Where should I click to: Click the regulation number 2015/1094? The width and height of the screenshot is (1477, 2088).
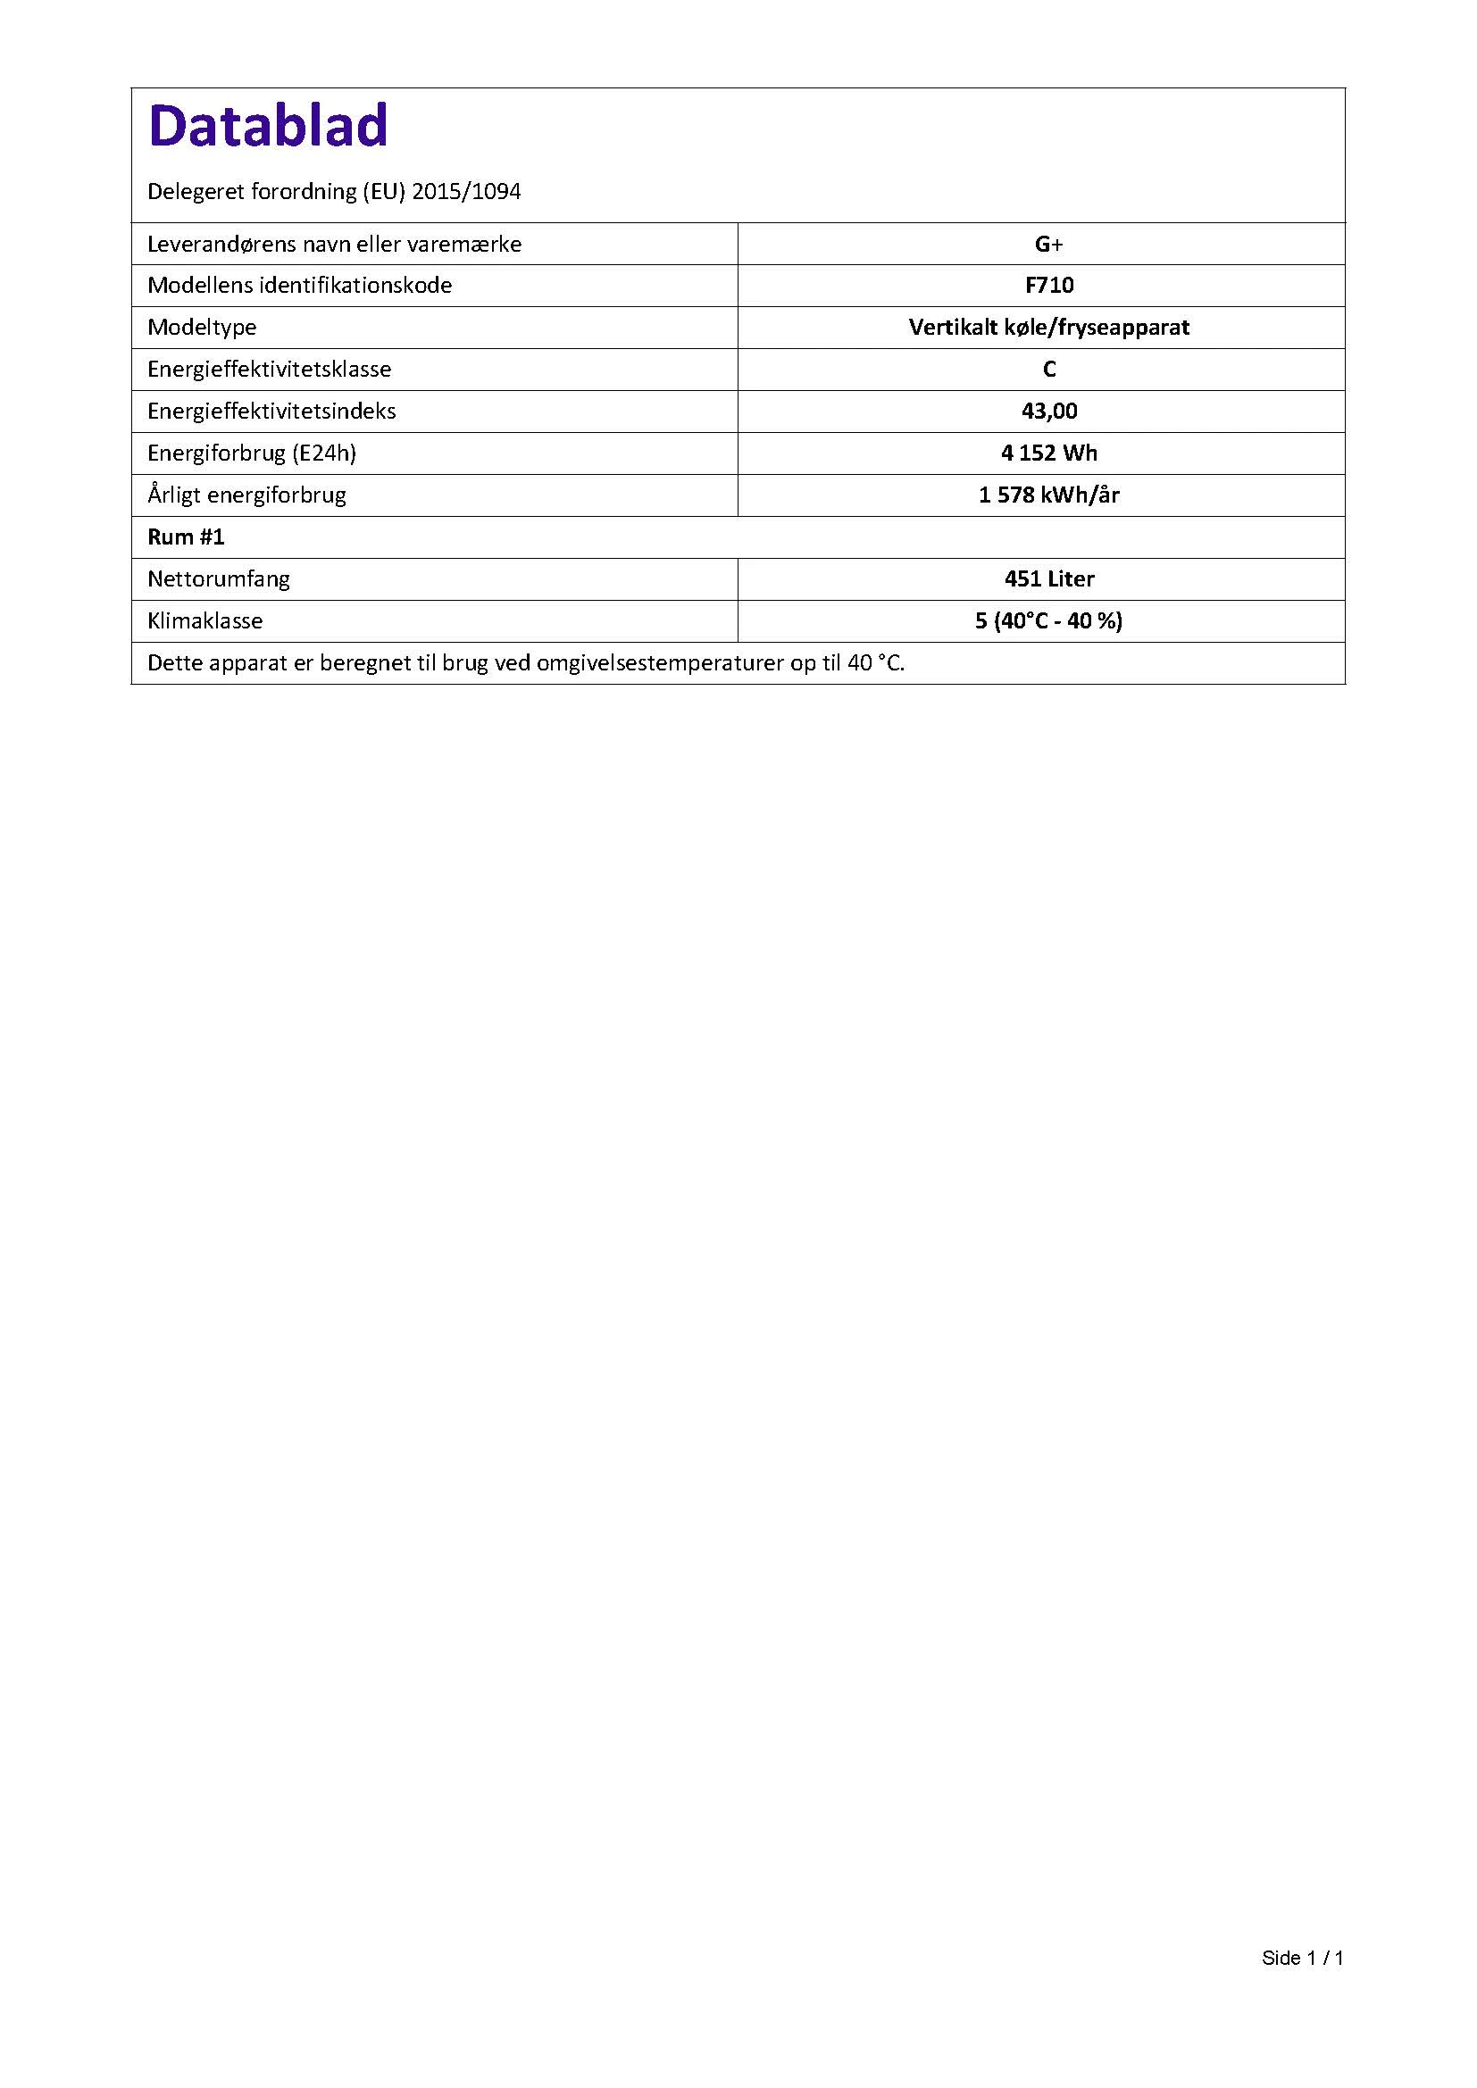click(x=466, y=192)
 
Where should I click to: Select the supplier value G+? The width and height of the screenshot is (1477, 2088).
click(x=1048, y=244)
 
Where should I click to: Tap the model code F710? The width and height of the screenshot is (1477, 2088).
click(x=1048, y=286)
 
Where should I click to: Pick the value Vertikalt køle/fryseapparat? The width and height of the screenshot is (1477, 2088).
click(x=1048, y=328)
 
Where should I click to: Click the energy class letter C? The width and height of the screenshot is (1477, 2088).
click(x=1048, y=370)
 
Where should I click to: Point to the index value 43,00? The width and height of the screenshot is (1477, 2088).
click(x=1048, y=411)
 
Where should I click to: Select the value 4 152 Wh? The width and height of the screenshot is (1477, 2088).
click(x=1048, y=453)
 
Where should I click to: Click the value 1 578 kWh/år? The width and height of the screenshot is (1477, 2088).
click(x=1048, y=495)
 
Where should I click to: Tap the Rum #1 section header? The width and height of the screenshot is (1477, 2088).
click(x=186, y=537)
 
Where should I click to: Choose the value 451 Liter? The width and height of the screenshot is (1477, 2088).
click(x=1048, y=578)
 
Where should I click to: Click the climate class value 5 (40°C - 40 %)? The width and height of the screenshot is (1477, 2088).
click(x=1048, y=620)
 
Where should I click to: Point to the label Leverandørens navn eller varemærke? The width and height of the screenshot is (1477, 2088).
click(x=334, y=244)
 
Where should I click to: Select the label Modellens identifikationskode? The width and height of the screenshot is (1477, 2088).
click(x=299, y=286)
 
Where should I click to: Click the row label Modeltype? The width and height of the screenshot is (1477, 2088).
click(x=202, y=328)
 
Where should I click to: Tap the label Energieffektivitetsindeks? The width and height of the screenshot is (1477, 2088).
click(x=271, y=411)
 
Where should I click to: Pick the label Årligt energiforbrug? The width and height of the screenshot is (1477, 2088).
click(x=246, y=495)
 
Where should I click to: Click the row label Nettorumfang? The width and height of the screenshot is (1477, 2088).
click(x=218, y=578)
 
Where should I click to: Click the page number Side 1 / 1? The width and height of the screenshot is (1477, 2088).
click(x=1301, y=1958)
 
